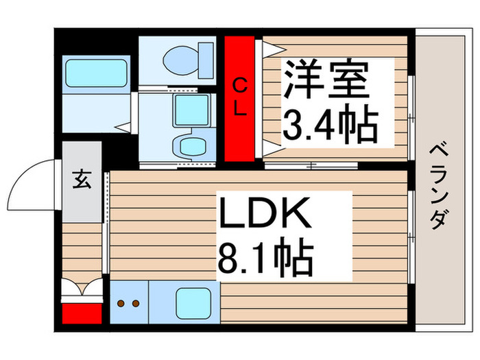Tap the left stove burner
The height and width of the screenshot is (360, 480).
[x=122, y=302]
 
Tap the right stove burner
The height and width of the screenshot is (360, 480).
[x=136, y=302]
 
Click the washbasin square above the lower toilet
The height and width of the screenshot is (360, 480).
[x=191, y=110]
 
